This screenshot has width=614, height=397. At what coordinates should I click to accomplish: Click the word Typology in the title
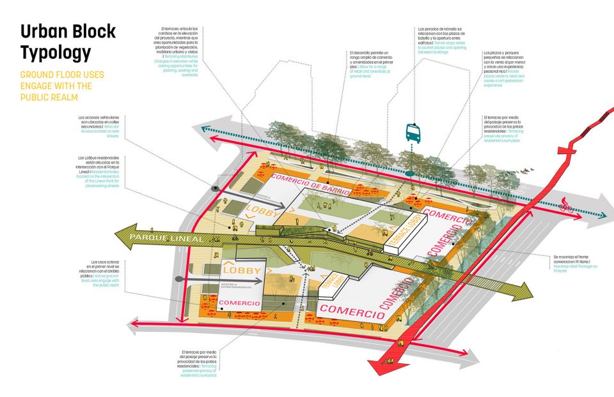pyautogui.click(x=56, y=52)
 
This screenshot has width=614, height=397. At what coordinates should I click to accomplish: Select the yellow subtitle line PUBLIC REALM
pyautogui.click(x=49, y=98)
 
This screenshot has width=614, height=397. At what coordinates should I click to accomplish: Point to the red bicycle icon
pyautogui.click(x=565, y=206)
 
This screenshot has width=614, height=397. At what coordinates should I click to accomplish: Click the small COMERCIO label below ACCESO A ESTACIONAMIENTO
pyautogui.click(x=239, y=303)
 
